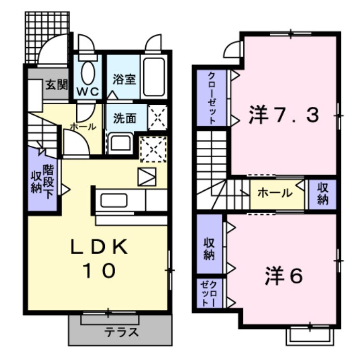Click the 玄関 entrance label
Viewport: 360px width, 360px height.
(x=57, y=85)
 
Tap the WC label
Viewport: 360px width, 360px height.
(x=88, y=92)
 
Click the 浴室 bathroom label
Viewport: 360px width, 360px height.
(x=124, y=79)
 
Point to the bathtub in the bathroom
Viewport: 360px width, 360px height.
(x=154, y=77)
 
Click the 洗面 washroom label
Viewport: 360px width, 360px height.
(x=124, y=119)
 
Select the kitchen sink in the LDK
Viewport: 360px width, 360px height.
(x=114, y=200)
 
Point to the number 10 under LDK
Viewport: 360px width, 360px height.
(x=100, y=271)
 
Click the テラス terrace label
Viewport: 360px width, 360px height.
(x=121, y=332)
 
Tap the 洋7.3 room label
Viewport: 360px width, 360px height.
(x=284, y=114)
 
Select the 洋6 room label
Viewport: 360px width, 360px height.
(x=284, y=276)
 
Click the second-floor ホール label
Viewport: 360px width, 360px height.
(x=275, y=193)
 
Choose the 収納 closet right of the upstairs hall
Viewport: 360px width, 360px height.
(x=323, y=195)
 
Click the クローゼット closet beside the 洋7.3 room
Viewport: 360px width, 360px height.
(x=212, y=98)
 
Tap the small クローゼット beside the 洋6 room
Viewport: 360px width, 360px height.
(x=209, y=293)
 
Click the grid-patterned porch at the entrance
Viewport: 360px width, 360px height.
(x=47, y=37)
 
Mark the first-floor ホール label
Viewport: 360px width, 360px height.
(x=83, y=127)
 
